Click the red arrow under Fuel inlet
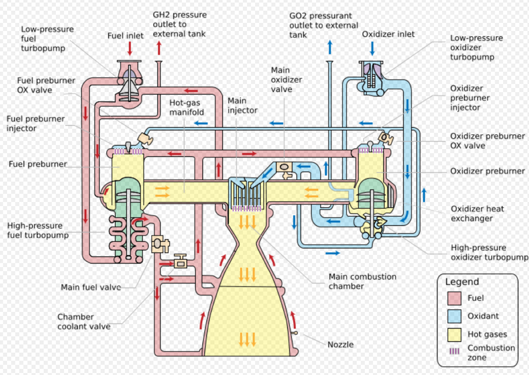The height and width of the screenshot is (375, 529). tap(130, 49)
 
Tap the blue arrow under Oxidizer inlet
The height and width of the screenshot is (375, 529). tap(372, 48)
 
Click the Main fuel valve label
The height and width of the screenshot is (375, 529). tap(91, 287)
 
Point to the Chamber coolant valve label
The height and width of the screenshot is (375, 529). tap(84, 322)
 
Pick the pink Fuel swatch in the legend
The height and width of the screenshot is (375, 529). tap(454, 298)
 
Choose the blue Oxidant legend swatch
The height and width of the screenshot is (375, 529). tap(454, 316)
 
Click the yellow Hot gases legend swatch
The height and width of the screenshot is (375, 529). tap(454, 334)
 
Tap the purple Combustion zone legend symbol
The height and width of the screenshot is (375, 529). tap(454, 352)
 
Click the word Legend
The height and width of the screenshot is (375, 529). tap(462, 282)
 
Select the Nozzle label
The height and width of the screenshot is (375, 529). tap(340, 344)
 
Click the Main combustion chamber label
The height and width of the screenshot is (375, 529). tap(362, 281)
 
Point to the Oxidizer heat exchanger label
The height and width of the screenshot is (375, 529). tap(477, 214)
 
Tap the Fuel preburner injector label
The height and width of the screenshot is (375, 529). tap(36, 123)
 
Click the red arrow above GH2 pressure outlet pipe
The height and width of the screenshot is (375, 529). tap(159, 48)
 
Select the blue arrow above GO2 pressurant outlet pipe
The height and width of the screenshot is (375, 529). tap(330, 47)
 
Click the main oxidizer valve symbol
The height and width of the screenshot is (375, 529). tap(285, 167)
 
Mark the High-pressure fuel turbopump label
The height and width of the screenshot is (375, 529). tap(38, 230)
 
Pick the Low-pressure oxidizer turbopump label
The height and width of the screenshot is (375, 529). tap(476, 47)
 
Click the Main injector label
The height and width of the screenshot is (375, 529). tap(242, 105)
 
